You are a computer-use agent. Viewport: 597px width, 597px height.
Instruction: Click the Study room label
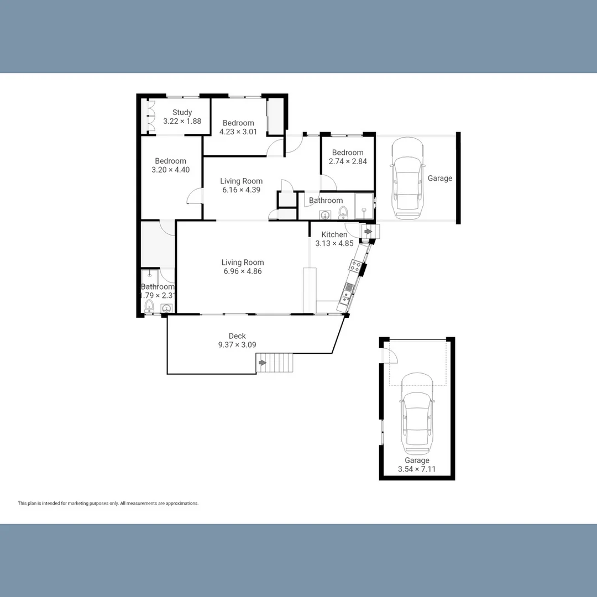182,112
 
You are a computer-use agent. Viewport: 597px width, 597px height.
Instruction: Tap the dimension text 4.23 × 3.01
238,132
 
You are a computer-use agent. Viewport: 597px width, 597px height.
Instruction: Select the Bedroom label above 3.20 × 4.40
170,161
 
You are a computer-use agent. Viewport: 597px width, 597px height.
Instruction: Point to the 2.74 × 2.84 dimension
348,161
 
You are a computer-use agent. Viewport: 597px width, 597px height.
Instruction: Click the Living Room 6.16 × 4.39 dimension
241,190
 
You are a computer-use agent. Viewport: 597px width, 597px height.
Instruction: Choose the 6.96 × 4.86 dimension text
242,271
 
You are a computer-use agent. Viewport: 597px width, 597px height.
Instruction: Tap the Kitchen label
334,234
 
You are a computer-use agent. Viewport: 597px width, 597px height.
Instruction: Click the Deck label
237,336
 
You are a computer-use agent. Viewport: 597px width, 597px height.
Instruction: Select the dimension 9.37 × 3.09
237,345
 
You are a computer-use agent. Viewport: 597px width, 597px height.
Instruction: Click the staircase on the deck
277,363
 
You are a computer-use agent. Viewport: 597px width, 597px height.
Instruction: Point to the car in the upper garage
407,178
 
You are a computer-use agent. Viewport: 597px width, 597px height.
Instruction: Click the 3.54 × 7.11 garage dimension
417,470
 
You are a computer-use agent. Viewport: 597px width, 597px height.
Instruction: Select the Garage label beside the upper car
440,178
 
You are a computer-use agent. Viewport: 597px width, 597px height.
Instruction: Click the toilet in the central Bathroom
343,212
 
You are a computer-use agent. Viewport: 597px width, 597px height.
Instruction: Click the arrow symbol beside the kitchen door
368,231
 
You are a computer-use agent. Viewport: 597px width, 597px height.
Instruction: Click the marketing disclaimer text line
108,504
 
